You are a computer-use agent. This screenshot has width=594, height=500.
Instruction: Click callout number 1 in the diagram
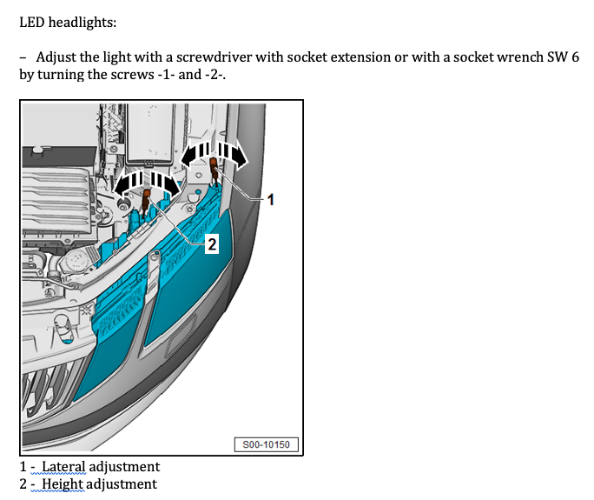270,200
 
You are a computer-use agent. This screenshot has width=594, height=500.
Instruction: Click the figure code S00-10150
267,445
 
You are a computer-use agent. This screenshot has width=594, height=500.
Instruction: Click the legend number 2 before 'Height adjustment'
23,484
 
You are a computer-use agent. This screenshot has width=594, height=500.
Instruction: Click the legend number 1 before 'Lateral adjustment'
23,467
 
